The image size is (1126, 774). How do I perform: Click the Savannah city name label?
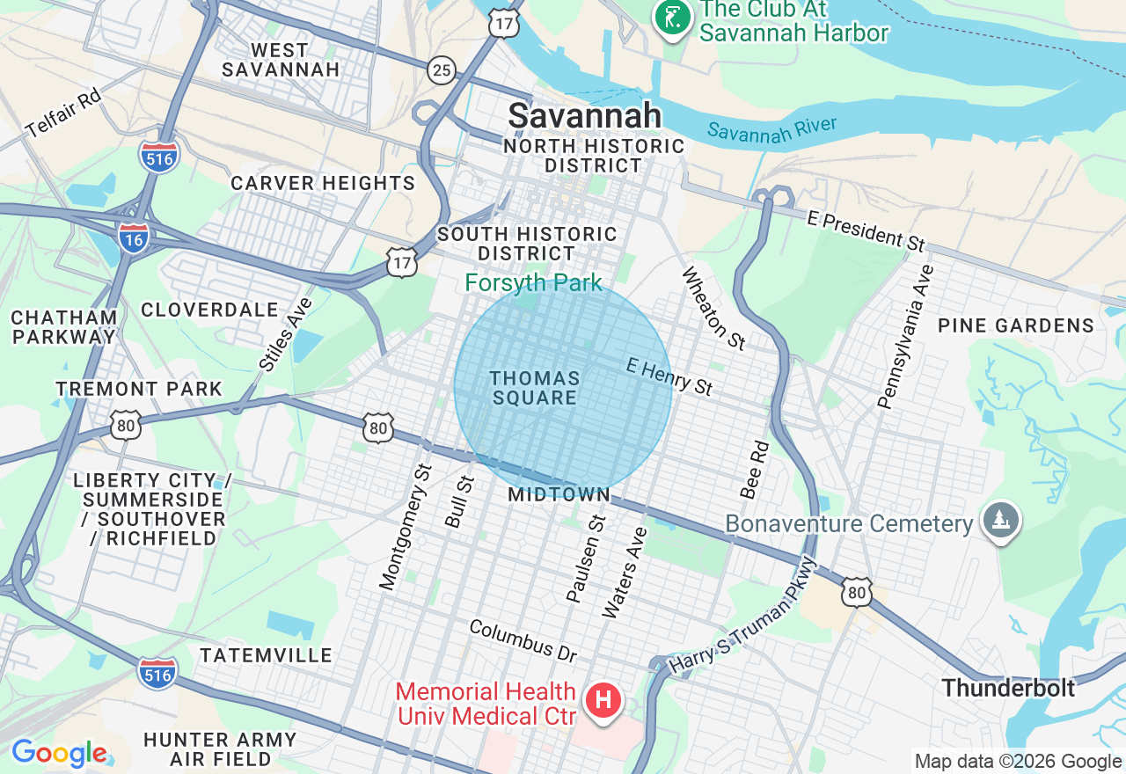point(585,115)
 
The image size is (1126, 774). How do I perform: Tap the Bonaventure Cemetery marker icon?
point(1002,521)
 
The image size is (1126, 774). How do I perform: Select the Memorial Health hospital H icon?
point(604,701)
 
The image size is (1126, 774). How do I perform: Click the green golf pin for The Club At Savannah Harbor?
point(671,17)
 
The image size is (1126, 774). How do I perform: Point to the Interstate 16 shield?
point(134,237)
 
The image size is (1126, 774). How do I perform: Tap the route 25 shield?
point(442,69)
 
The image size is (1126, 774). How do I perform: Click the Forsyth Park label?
point(533,282)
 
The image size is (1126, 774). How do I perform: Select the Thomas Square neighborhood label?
point(534,388)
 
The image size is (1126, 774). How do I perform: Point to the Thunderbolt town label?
point(1008,687)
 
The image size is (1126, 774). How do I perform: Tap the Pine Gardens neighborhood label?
point(1015,325)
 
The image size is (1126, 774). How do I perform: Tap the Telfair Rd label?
point(63,113)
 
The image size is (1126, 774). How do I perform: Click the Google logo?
point(60,753)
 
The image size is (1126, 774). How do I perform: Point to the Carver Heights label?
point(322,183)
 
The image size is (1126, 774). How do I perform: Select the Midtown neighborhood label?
point(559,494)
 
